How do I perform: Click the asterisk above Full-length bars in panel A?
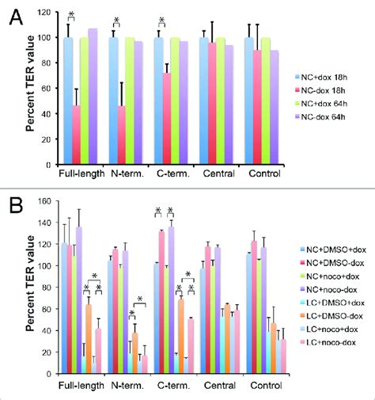(71, 17)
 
